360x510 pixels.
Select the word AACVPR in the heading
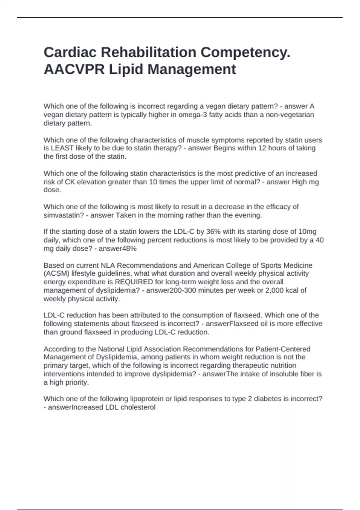point(74,69)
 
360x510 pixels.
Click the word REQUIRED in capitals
point(134,282)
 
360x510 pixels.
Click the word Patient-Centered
point(283,349)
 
